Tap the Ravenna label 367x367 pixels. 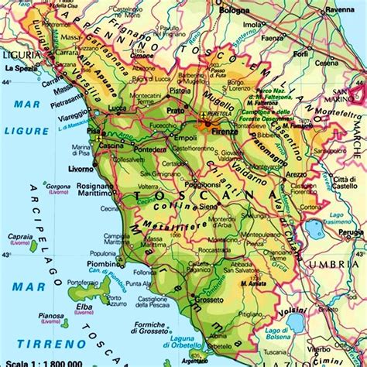point(339,11)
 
